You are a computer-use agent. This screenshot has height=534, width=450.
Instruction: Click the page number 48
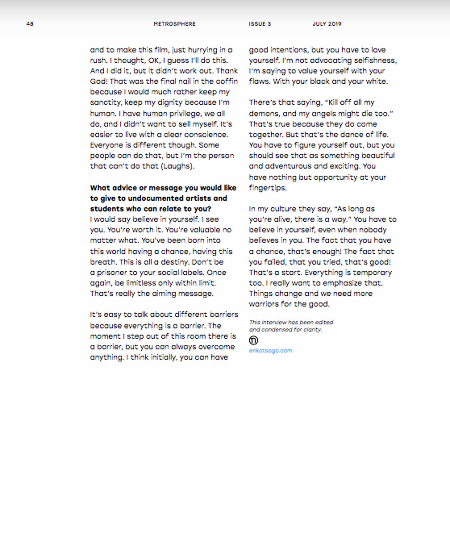point(30,24)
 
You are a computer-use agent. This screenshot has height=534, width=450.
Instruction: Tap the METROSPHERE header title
point(174,24)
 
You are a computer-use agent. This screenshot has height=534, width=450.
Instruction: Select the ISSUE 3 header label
point(260,24)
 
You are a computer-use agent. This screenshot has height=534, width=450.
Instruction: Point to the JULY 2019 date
point(327,24)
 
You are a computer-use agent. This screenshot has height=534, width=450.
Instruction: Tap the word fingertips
point(267,188)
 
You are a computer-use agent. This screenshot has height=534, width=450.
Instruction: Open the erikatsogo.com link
point(271,351)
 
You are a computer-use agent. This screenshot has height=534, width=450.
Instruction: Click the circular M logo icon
point(253,340)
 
